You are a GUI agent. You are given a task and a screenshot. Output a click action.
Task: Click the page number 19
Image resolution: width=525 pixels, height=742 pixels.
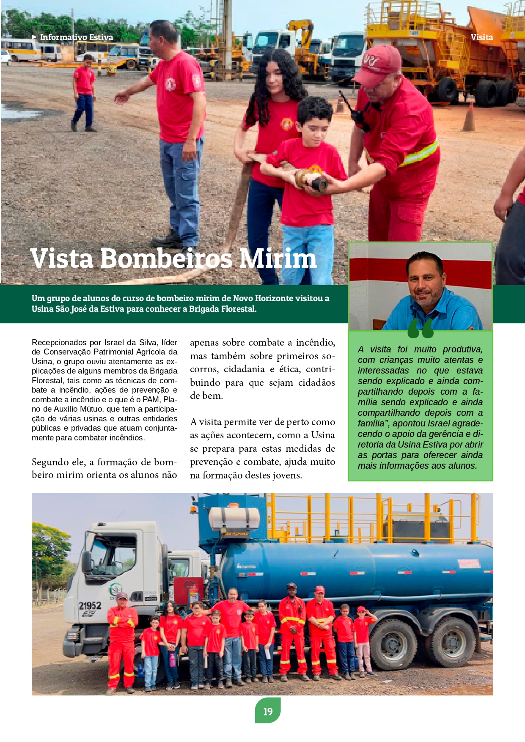tap(268, 712)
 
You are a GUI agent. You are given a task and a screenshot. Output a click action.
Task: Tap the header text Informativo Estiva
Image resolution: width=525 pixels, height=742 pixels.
tap(77, 37)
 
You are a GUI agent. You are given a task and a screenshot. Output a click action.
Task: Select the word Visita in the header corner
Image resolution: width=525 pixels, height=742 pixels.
tap(481, 37)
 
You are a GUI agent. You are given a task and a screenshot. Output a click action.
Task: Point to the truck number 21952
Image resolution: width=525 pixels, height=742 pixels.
tap(90, 606)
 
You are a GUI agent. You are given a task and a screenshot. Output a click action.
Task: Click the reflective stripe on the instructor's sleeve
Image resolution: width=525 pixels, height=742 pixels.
tap(421, 154)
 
